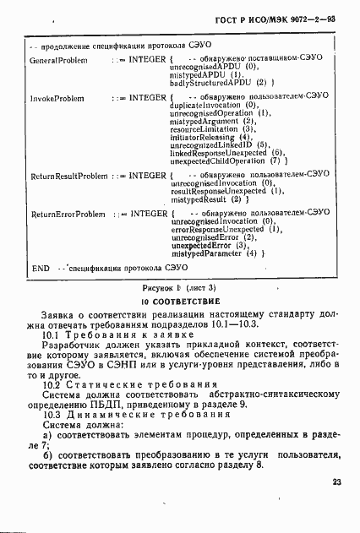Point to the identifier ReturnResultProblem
tap(69, 176)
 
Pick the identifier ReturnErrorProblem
tap(68, 215)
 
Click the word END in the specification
tap(40, 268)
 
